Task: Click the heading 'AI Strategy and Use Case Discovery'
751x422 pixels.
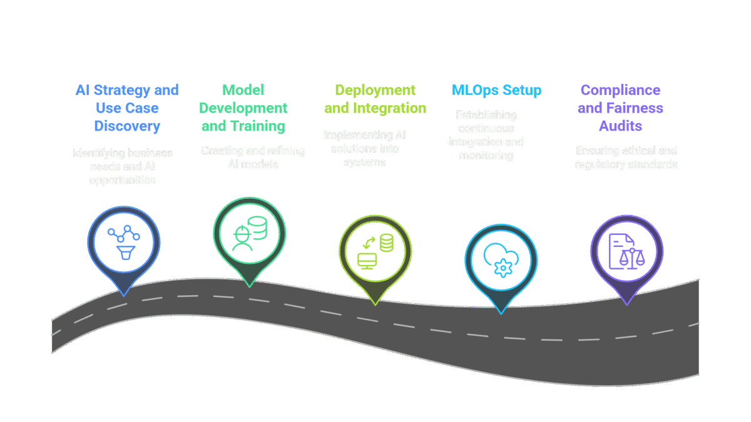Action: tap(127, 108)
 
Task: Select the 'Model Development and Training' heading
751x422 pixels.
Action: tap(243, 108)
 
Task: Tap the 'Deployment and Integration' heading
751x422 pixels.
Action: tap(375, 99)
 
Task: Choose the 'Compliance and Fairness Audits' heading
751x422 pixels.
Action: tap(620, 108)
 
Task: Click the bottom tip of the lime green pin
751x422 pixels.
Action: tap(375, 304)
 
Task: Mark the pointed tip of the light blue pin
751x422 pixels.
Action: tap(501, 313)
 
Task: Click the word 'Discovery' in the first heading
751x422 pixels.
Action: tap(127, 126)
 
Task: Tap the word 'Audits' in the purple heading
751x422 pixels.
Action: tap(620, 126)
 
